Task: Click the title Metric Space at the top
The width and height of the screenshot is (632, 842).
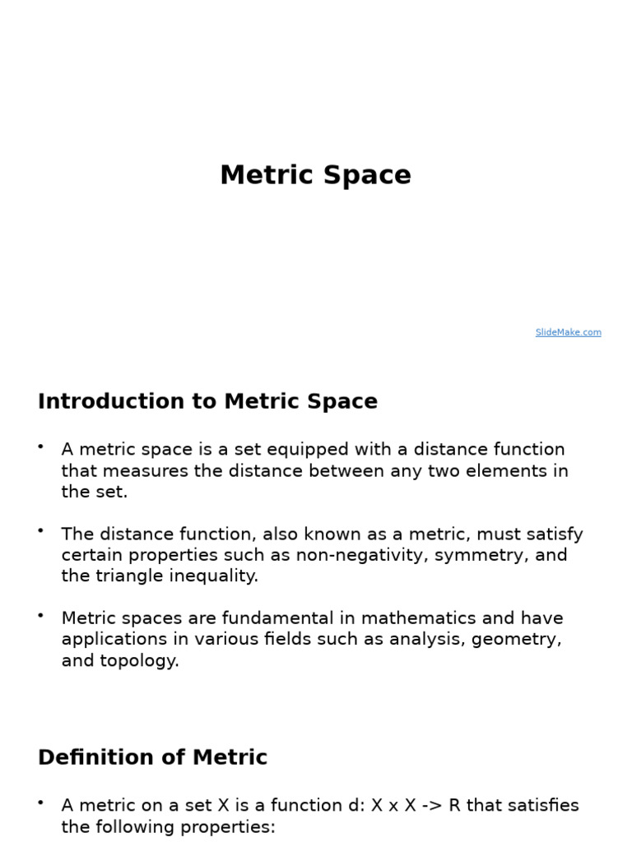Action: pos(315,175)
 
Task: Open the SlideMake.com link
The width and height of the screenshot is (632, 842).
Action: pos(568,332)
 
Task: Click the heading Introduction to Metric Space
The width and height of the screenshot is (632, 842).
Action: pos(207,401)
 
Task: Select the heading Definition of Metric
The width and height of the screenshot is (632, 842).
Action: pos(152,757)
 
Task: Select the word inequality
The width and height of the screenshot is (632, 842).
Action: pos(213,576)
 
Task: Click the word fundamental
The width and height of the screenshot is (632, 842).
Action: pos(263,618)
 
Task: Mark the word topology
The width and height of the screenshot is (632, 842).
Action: pos(137,661)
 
